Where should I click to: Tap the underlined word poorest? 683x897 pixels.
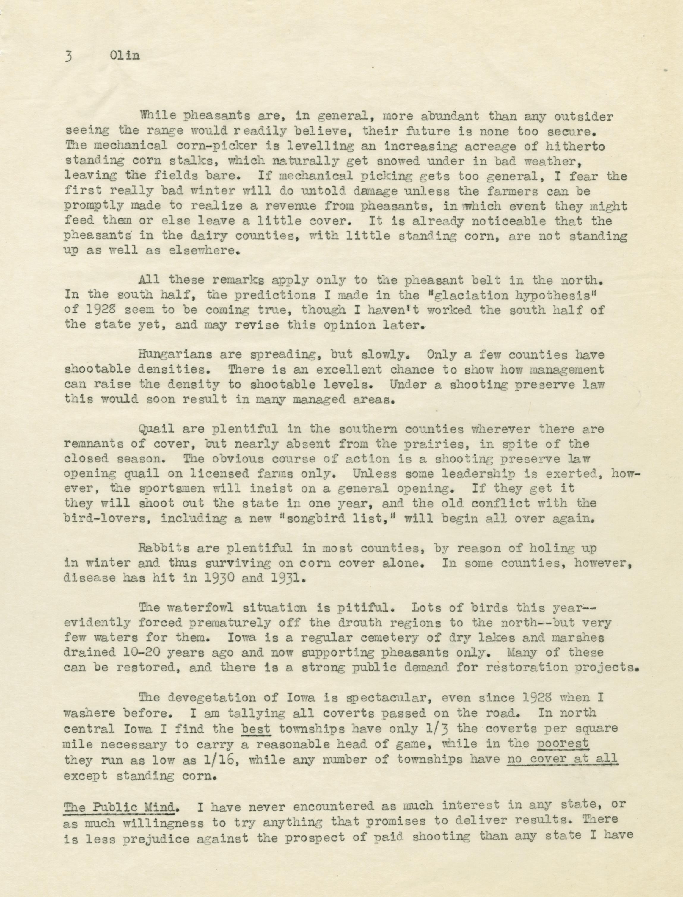pyautogui.click(x=563, y=743)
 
